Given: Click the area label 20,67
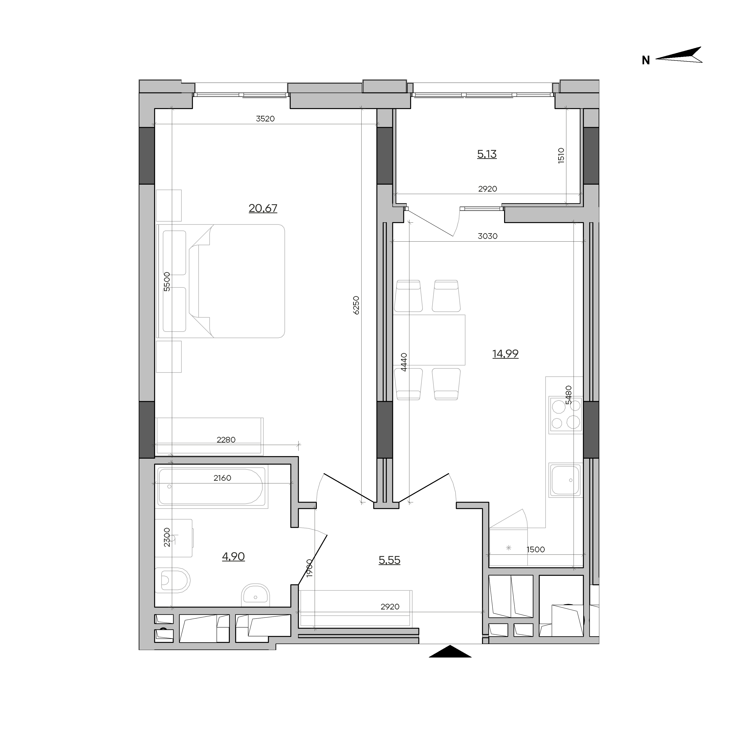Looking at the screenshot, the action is (x=263, y=208).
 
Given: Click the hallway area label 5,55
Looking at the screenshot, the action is (x=389, y=560).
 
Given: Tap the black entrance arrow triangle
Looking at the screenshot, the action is (x=450, y=652).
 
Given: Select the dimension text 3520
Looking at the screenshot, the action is (x=265, y=119).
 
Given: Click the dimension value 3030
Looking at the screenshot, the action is (x=488, y=236).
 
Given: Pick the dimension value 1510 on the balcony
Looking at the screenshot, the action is (x=561, y=156).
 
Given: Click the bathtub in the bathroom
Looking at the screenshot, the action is (x=211, y=487).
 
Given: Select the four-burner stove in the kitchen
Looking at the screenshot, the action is (x=565, y=415).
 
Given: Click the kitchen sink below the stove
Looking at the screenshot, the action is (x=565, y=480).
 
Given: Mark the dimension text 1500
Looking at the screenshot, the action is (x=536, y=550).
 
